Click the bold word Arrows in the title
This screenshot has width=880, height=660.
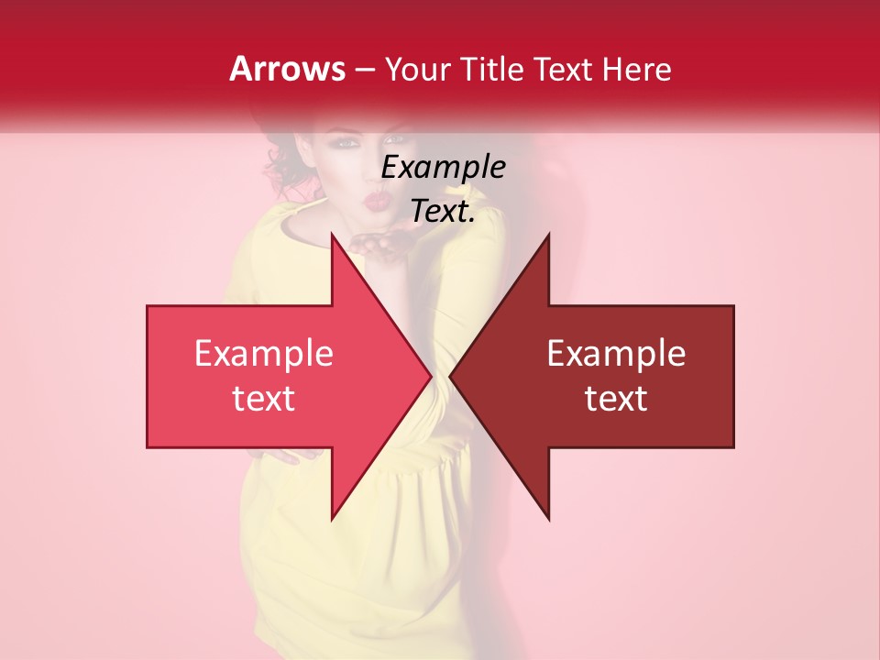click(x=288, y=69)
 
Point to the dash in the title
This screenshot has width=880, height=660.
click(x=364, y=70)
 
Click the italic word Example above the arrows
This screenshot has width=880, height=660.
click(x=443, y=168)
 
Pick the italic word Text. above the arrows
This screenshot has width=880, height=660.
click(x=443, y=211)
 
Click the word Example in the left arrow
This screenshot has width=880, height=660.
click(x=264, y=354)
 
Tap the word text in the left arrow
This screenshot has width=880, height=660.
click(x=264, y=398)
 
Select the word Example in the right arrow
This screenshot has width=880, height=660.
click(x=616, y=354)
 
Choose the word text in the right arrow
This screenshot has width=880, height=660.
click(x=616, y=398)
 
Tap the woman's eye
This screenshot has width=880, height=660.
click(x=346, y=142)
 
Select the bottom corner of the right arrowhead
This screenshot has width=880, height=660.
click(x=548, y=519)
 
